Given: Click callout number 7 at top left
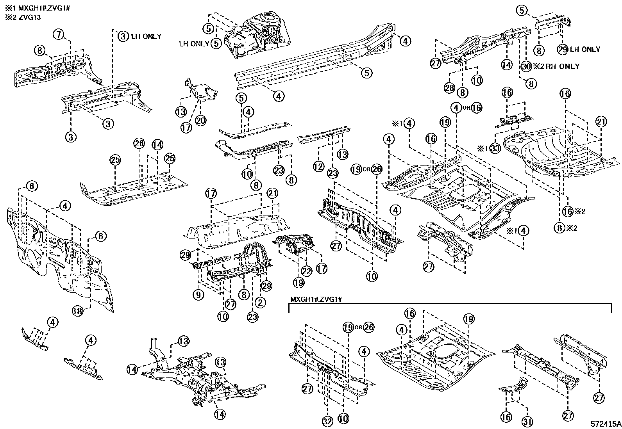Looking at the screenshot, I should [x=58, y=35].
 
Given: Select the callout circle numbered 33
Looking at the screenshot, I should [x=495, y=148].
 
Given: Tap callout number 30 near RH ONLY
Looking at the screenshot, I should [x=526, y=66].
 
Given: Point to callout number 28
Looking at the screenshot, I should [x=449, y=88].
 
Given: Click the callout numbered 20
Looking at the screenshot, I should [x=200, y=121].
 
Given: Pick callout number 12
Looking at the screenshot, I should [x=318, y=167].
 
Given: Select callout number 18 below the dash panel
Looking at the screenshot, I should [x=78, y=311].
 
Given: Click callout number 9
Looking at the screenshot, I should [x=198, y=295].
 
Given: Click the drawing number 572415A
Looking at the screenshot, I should [x=606, y=424].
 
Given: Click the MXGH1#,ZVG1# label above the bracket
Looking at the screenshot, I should [x=316, y=299].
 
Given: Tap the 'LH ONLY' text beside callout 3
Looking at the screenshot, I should [x=146, y=36].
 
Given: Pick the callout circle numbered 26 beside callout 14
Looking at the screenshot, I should [x=139, y=144].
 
